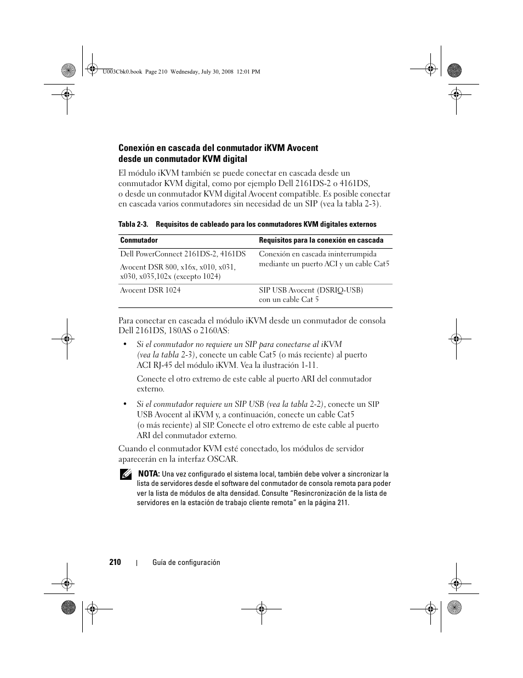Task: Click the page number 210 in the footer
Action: pyautogui.click(x=115, y=562)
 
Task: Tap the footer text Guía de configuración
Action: pyautogui.click(x=186, y=562)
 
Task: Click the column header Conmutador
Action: pyautogui.click(x=139, y=240)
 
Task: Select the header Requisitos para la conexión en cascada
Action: pyautogui.click(x=321, y=240)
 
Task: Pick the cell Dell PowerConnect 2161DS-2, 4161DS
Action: pyautogui.click(x=183, y=254)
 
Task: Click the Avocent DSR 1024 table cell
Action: pyautogui.click(x=150, y=290)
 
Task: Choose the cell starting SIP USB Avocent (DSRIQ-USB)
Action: pyautogui.click(x=311, y=290)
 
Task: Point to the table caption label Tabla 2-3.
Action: pyautogui.click(x=134, y=225)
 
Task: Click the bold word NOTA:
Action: pyautogui.click(x=149, y=474)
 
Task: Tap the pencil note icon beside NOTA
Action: pyautogui.click(x=126, y=475)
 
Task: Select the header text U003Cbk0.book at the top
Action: pyautogui.click(x=122, y=71)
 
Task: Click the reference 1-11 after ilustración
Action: pyautogui.click(x=308, y=365)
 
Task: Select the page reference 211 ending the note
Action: pyautogui.click(x=342, y=503)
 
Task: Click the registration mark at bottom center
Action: pyautogui.click(x=261, y=608)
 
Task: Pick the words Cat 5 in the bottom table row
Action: pyautogui.click(x=309, y=300)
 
